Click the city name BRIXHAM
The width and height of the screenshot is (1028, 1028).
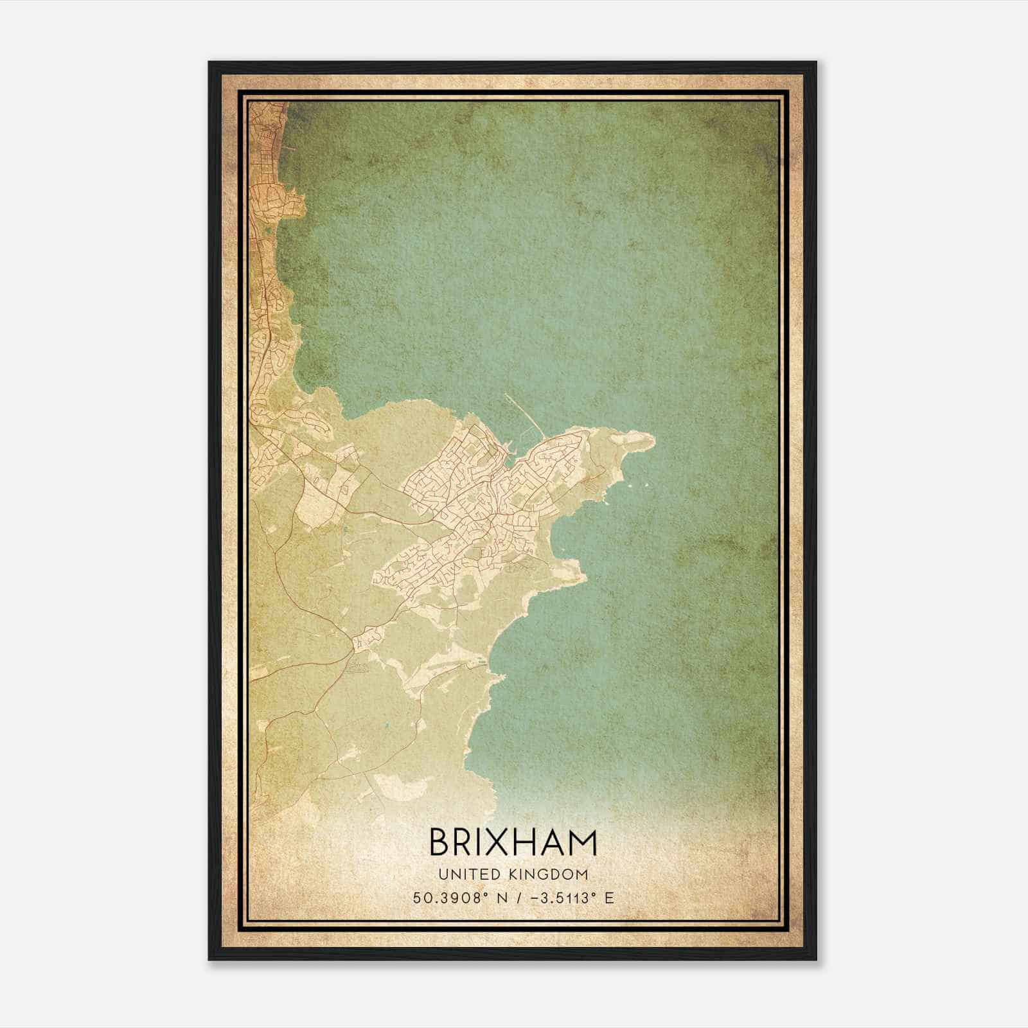(513, 842)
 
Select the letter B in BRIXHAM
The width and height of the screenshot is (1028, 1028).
(439, 842)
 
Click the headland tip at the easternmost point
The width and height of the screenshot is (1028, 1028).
(653, 441)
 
